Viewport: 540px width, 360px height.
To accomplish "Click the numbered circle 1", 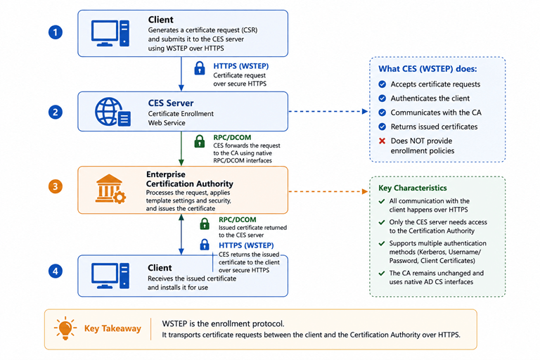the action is point(55,32).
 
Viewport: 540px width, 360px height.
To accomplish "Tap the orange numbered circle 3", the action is point(55,187).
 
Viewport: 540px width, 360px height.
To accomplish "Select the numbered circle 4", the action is point(55,271).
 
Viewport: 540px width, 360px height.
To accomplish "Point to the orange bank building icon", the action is point(110,188).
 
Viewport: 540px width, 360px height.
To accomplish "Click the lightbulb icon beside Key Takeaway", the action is point(65,328).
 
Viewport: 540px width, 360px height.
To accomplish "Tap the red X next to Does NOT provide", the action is point(382,141).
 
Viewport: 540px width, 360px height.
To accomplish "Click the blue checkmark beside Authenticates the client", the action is point(382,98).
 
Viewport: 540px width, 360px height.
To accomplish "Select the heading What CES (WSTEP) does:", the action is point(427,69).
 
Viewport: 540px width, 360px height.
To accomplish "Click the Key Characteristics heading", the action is point(413,188).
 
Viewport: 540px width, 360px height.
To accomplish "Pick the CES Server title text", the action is point(171,103).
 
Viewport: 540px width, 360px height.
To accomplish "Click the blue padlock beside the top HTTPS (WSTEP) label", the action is point(200,68).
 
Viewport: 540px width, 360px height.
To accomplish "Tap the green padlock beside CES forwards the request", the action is point(200,141).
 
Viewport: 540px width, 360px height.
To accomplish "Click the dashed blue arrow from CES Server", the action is point(328,111).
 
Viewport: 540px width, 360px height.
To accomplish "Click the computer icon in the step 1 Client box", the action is point(110,33).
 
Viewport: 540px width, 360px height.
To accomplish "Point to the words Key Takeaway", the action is point(112,328).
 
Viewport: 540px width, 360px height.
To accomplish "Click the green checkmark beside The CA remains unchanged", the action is point(382,274).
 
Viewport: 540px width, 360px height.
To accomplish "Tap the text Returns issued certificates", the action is point(434,127).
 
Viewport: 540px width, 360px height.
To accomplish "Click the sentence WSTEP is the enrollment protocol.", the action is point(223,324).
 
